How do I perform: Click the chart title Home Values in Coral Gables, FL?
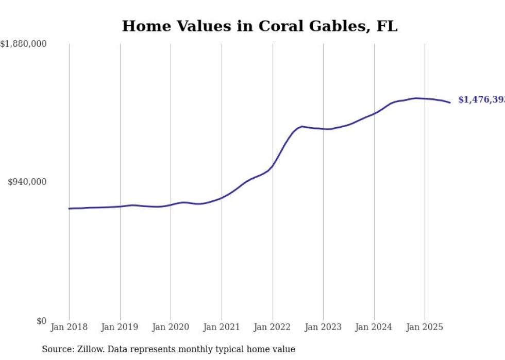[259, 26]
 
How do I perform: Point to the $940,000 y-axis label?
[27, 182]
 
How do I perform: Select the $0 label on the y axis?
[41, 321]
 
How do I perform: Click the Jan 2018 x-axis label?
[69, 327]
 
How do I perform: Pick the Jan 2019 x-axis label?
[120, 327]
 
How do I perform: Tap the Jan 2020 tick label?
[171, 327]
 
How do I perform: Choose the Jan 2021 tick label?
[222, 327]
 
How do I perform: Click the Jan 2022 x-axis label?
[273, 327]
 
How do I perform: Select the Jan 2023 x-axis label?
[323, 327]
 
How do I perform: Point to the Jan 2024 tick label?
[374, 327]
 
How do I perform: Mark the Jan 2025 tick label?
[425, 327]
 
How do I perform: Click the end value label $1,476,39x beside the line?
[481, 100]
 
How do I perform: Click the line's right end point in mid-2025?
[450, 102]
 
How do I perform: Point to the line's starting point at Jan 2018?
[69, 209]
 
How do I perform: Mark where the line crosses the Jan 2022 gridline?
[273, 165]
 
